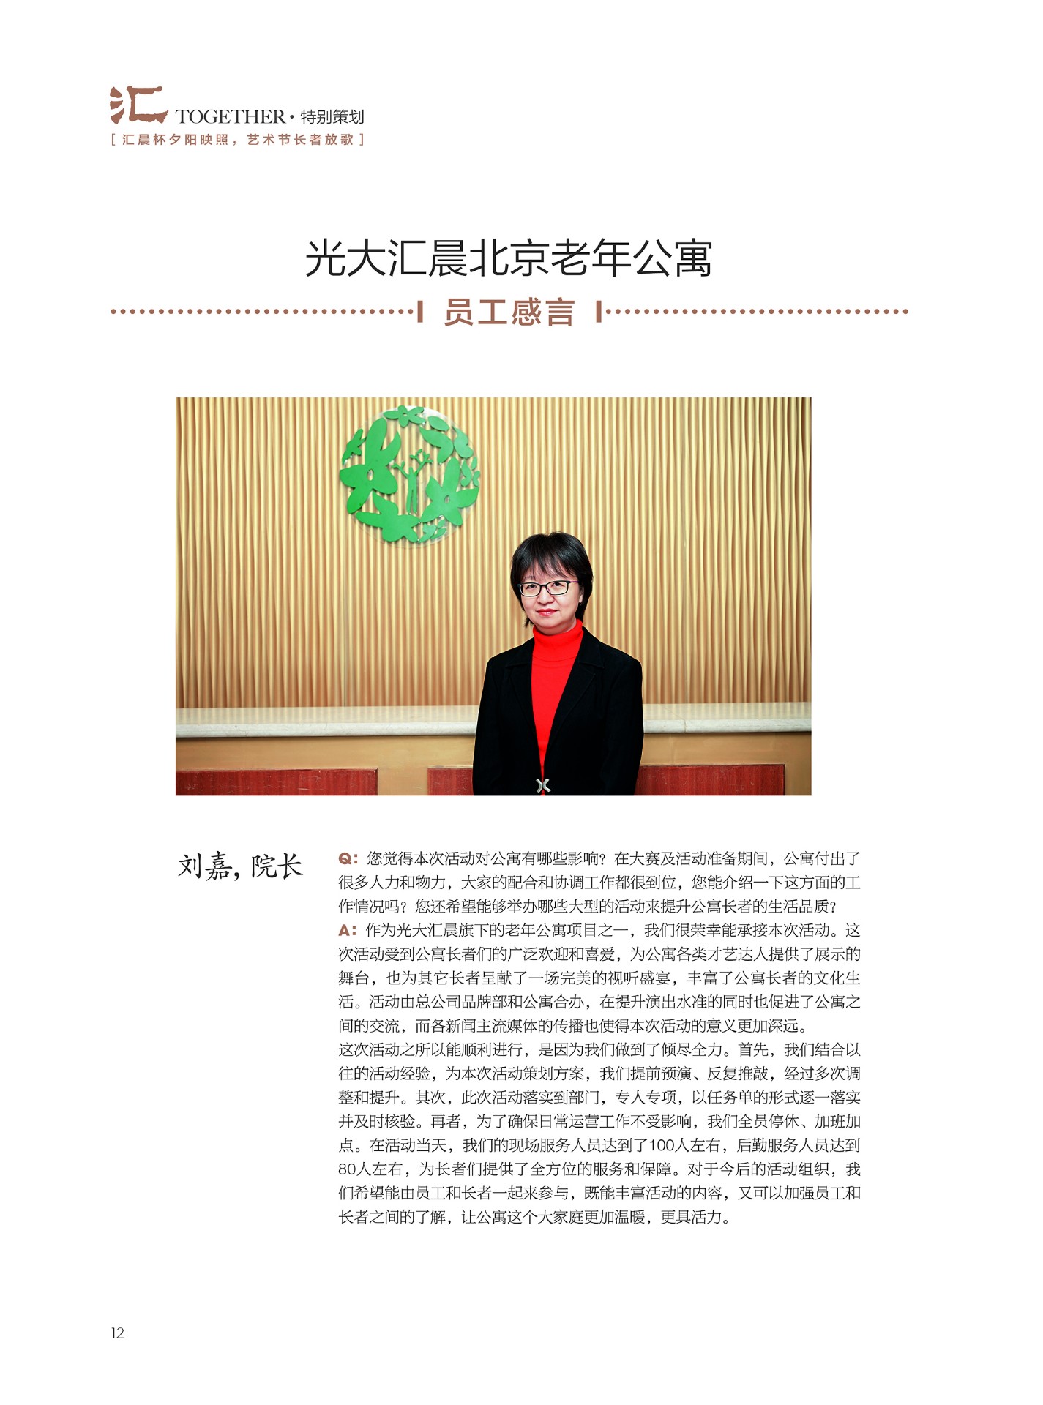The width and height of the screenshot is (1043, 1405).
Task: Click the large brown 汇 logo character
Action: (138, 105)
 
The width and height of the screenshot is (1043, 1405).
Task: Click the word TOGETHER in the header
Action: (230, 117)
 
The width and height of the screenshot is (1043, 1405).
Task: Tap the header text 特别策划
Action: (332, 117)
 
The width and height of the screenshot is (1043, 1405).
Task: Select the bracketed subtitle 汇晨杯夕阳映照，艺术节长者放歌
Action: (237, 140)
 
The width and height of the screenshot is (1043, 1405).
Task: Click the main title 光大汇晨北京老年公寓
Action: (508, 258)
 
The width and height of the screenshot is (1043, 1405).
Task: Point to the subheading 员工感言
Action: (508, 312)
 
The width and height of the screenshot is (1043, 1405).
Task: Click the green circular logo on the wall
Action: (409, 475)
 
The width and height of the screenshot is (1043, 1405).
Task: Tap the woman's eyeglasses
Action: (548, 588)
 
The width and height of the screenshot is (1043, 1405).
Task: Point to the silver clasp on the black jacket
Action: (542, 785)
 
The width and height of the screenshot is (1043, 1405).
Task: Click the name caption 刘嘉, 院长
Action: (240, 866)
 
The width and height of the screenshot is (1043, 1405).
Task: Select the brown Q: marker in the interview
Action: (348, 858)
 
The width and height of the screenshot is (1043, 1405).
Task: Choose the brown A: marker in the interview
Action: (348, 931)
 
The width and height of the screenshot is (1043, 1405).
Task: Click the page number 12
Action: (118, 1333)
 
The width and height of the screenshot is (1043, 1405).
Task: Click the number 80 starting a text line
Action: (348, 1169)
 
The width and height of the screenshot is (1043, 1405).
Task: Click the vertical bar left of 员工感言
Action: (420, 312)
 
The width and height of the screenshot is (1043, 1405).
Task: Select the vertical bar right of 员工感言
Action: (599, 312)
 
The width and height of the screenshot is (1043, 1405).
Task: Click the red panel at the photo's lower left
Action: (276, 782)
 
